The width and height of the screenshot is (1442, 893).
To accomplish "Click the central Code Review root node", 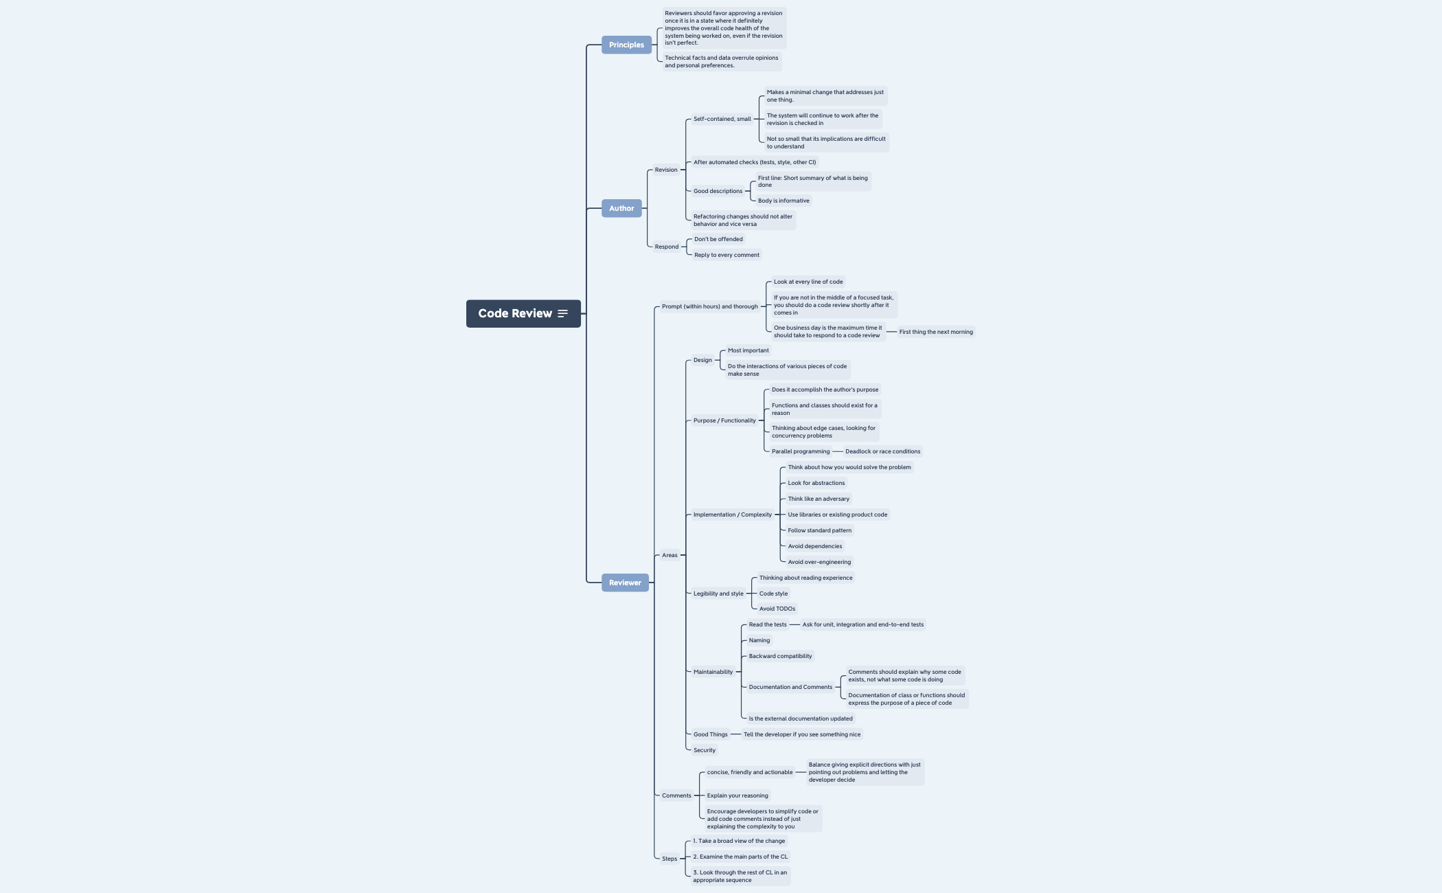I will (x=515, y=313).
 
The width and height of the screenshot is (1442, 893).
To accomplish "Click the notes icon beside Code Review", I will (x=562, y=313).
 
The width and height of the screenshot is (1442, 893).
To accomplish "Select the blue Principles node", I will (x=626, y=45).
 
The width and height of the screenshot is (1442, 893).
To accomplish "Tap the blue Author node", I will (x=621, y=208).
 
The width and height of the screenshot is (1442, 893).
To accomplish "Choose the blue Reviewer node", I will (x=625, y=583).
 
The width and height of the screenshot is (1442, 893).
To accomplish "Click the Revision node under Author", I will (x=665, y=170).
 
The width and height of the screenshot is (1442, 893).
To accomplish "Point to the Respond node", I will (x=666, y=247).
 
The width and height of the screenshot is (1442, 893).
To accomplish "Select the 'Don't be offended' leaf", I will (x=718, y=239).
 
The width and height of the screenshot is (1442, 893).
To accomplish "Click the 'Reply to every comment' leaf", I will (x=726, y=255).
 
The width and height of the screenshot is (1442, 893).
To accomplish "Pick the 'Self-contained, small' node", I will (x=722, y=119).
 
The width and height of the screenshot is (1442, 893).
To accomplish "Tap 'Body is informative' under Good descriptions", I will (x=783, y=201).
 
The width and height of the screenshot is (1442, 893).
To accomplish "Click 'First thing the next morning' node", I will (x=936, y=332).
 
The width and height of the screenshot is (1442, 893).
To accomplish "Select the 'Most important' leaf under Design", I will (x=748, y=350).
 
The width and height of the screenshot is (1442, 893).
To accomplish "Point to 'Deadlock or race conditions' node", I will (x=882, y=451).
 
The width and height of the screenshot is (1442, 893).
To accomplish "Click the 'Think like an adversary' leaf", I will (x=818, y=499).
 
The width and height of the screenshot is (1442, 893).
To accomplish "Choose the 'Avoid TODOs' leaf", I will (x=777, y=609).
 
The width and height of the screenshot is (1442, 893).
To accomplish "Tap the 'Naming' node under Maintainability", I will (x=759, y=640).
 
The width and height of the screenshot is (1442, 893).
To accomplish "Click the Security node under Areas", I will (x=704, y=750).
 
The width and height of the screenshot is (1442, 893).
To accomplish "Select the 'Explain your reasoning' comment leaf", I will (x=737, y=795).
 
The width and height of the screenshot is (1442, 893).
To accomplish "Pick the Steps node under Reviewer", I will (x=669, y=859).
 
